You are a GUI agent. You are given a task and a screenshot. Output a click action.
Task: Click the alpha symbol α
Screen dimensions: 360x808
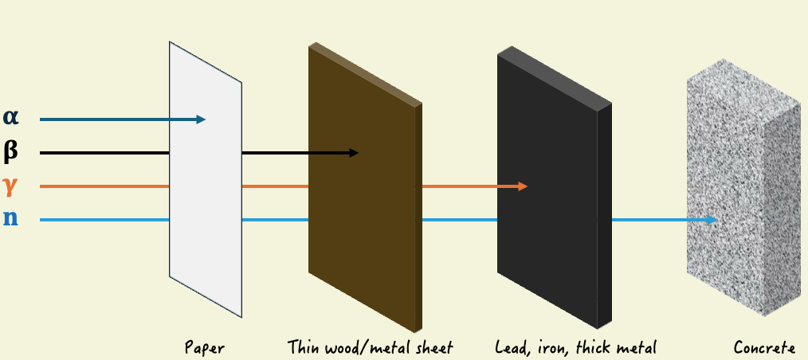tap(10, 117)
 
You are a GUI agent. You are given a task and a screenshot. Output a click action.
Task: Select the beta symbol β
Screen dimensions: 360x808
tap(10, 150)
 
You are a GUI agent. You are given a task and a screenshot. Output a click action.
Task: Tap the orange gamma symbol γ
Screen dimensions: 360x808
tap(10, 185)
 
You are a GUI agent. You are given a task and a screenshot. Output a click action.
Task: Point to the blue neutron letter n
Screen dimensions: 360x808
tap(10, 217)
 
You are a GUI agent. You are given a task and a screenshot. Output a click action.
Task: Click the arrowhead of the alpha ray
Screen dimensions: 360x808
tap(202, 119)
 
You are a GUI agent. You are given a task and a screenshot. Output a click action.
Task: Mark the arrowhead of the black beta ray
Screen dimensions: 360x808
tap(355, 152)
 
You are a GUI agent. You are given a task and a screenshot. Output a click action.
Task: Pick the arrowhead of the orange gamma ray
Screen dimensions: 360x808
tap(524, 186)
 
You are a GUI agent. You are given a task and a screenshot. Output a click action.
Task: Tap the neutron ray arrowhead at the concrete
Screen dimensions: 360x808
tap(713, 220)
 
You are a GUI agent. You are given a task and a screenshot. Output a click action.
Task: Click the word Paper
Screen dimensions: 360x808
tap(205, 348)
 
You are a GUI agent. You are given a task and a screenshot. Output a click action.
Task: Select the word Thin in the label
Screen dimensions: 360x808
tap(302, 347)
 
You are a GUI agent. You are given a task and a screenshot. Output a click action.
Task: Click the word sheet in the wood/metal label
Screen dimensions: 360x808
tap(434, 347)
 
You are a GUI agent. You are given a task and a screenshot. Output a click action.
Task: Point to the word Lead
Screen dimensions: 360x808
tap(511, 347)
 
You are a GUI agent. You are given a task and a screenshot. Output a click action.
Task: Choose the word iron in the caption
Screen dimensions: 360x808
tap(549, 347)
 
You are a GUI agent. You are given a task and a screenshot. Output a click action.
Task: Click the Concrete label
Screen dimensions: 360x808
tap(764, 348)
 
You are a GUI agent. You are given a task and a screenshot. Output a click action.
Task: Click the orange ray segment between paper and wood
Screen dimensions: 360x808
tap(275, 186)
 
